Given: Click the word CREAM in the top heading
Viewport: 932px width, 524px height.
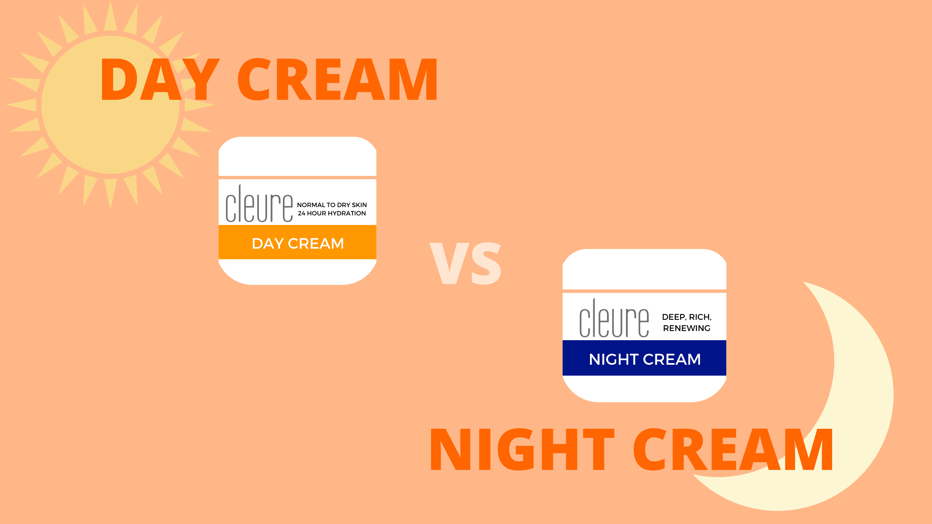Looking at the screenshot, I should (x=337, y=79).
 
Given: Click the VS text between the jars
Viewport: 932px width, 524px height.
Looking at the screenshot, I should (x=466, y=263).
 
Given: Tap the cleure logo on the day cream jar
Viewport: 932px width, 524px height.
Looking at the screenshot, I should (x=259, y=204).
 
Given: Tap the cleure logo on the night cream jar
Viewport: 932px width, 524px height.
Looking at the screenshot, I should (x=614, y=319).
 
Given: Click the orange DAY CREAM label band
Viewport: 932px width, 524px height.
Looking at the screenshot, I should (x=297, y=243).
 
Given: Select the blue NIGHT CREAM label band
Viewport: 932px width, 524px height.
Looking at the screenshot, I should (x=644, y=358).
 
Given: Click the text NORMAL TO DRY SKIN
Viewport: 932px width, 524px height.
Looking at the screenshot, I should (x=332, y=205).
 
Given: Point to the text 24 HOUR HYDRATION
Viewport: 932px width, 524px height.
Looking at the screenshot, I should (x=332, y=213).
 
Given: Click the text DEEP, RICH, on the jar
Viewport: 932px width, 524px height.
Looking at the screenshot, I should (x=687, y=317).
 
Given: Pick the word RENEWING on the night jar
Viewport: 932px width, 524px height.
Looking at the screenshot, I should (x=687, y=328).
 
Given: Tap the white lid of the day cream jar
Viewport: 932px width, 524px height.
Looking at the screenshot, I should (x=297, y=156).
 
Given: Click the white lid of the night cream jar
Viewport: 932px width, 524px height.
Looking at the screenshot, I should (x=644, y=269).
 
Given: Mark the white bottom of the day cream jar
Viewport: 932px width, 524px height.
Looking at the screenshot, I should (x=297, y=272).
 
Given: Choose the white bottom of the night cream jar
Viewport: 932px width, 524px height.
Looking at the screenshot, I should (x=644, y=388).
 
